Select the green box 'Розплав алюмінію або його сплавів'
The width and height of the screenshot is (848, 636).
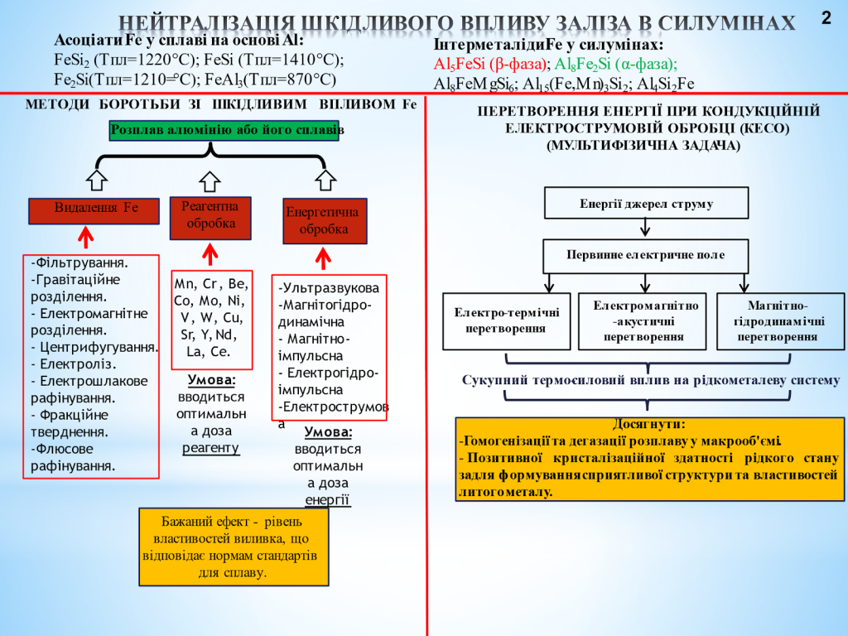pyautogui.click(x=224, y=131)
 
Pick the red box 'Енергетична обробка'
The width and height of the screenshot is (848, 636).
pyautogui.click(x=325, y=220)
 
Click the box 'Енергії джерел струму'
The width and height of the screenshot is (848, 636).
pyautogui.click(x=646, y=203)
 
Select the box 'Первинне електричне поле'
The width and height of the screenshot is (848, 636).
pyautogui.click(x=646, y=255)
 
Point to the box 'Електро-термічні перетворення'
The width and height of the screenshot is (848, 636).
pyautogui.click(x=506, y=320)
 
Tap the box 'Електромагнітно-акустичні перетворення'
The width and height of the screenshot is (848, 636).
pyautogui.click(x=643, y=320)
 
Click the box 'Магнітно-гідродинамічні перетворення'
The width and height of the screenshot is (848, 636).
pyautogui.click(x=780, y=320)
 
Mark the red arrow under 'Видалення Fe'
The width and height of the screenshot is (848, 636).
pyautogui.click(x=84, y=239)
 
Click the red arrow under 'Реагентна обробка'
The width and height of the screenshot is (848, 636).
pyautogui.click(x=210, y=253)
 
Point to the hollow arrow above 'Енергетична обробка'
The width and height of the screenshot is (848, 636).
pyautogui.click(x=325, y=180)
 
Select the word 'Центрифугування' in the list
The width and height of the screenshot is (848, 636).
pyautogui.click(x=99, y=347)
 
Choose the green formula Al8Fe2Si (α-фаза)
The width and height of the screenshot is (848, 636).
pyautogui.click(x=616, y=64)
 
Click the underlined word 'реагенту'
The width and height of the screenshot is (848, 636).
pyautogui.click(x=210, y=448)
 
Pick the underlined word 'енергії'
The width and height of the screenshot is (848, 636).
pyautogui.click(x=327, y=500)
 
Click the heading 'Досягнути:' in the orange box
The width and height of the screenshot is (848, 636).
pyautogui.click(x=648, y=424)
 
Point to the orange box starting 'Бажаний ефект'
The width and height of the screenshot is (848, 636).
pyautogui.click(x=234, y=546)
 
